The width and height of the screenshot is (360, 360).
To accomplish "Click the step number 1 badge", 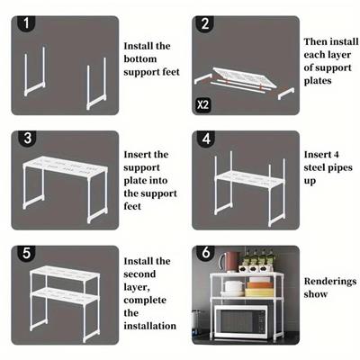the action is coord(26,23).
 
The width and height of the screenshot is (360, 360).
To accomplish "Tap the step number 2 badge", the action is coord(205,23).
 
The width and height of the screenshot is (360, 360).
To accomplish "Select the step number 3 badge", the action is coord(27,139).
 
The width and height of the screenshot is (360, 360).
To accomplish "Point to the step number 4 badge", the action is coord(206,139).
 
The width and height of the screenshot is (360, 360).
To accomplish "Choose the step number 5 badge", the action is coord(26,253).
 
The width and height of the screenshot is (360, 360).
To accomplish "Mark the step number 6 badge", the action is coord(206,253).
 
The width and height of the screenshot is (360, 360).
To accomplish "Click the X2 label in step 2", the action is coord(202,105).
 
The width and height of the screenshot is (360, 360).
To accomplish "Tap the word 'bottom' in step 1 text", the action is coord(140,58).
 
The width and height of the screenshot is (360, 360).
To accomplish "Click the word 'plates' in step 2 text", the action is coord(318,81).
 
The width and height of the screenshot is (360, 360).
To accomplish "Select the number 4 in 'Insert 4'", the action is coord(336,155).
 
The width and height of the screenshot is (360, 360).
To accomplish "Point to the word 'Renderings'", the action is coord(330,282).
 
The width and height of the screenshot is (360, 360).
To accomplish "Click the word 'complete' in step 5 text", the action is coord(145,301).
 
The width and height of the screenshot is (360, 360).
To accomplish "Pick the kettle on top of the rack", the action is coord(228,262).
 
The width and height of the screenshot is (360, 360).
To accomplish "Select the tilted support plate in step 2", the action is coord(245,77).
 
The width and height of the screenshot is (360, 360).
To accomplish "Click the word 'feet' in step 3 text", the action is coord(132,206).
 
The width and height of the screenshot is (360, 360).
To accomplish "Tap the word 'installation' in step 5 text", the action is coord(150,326).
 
